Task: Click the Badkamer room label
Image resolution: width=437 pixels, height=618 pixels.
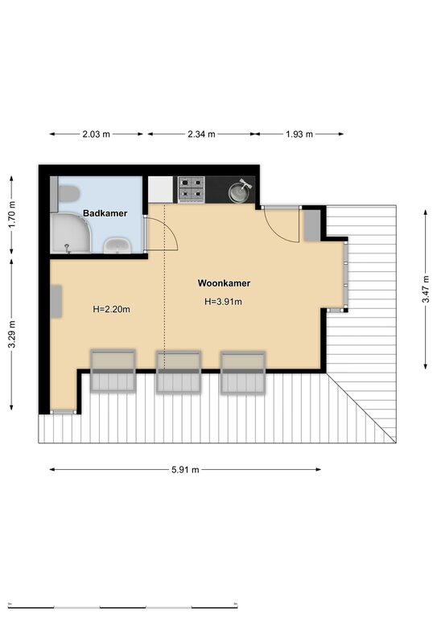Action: pyautogui.click(x=105, y=213)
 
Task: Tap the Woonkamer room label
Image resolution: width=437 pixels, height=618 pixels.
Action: pyautogui.click(x=224, y=283)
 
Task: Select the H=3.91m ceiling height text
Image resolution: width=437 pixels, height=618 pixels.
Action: pyautogui.click(x=223, y=302)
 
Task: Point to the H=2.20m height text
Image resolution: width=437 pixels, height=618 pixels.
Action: pyautogui.click(x=111, y=309)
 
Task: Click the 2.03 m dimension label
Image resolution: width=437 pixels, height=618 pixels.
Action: pyautogui.click(x=96, y=134)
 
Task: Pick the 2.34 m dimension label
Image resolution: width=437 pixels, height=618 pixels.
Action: pyautogui.click(x=201, y=134)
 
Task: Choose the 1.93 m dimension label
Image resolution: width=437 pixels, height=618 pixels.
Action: pyautogui.click(x=299, y=134)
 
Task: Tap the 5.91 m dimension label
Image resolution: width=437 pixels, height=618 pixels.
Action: pyautogui.click(x=185, y=469)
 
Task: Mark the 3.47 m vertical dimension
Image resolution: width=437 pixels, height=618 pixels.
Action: pyautogui.click(x=426, y=289)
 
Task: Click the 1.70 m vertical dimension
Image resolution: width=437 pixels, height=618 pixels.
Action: pyautogui.click(x=12, y=214)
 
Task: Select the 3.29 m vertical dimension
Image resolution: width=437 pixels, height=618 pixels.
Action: pyautogui.click(x=12, y=334)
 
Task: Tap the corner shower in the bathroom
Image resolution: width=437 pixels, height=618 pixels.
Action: pyautogui.click(x=70, y=233)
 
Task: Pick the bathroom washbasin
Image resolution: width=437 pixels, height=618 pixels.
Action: pyautogui.click(x=117, y=245)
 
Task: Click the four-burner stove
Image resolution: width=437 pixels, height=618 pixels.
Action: pyautogui.click(x=192, y=189)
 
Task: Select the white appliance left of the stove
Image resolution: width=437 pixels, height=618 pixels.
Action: pyautogui.click(x=160, y=190)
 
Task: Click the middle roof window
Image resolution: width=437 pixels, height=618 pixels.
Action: pyautogui.click(x=179, y=372)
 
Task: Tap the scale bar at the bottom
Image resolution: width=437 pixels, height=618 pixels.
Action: pyautogui.click(x=123, y=606)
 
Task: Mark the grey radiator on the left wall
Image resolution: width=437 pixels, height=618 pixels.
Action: pyautogui.click(x=56, y=302)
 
